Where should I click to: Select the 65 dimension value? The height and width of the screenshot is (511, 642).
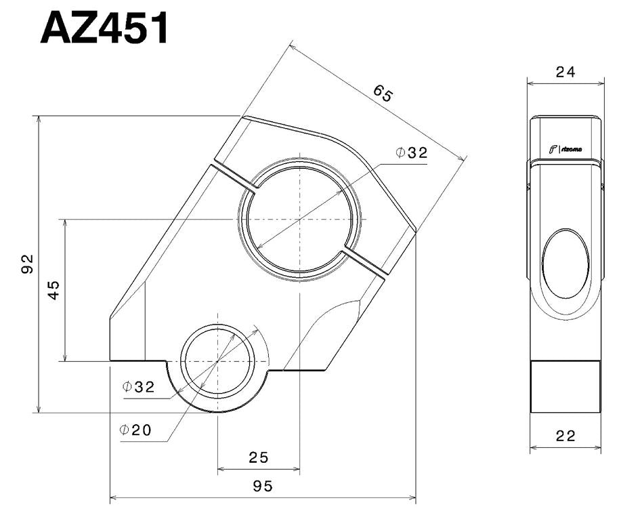382,94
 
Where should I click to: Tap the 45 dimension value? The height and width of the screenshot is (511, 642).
53,289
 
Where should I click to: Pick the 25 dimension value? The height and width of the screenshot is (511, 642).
258,457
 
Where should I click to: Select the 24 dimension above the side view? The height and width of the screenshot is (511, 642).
565,72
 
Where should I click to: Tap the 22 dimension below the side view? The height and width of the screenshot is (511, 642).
565,436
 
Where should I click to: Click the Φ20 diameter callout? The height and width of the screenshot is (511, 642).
135,430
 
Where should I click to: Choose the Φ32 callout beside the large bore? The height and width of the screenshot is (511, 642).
412,153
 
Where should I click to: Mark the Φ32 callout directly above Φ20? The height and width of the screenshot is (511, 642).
139,387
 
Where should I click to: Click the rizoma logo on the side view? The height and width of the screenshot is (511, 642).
566,149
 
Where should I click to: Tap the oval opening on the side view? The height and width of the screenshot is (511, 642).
566,264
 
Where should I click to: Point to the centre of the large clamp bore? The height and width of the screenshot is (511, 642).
299,220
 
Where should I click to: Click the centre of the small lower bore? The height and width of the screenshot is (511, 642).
217,361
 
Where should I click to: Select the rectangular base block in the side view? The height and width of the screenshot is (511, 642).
565,386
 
